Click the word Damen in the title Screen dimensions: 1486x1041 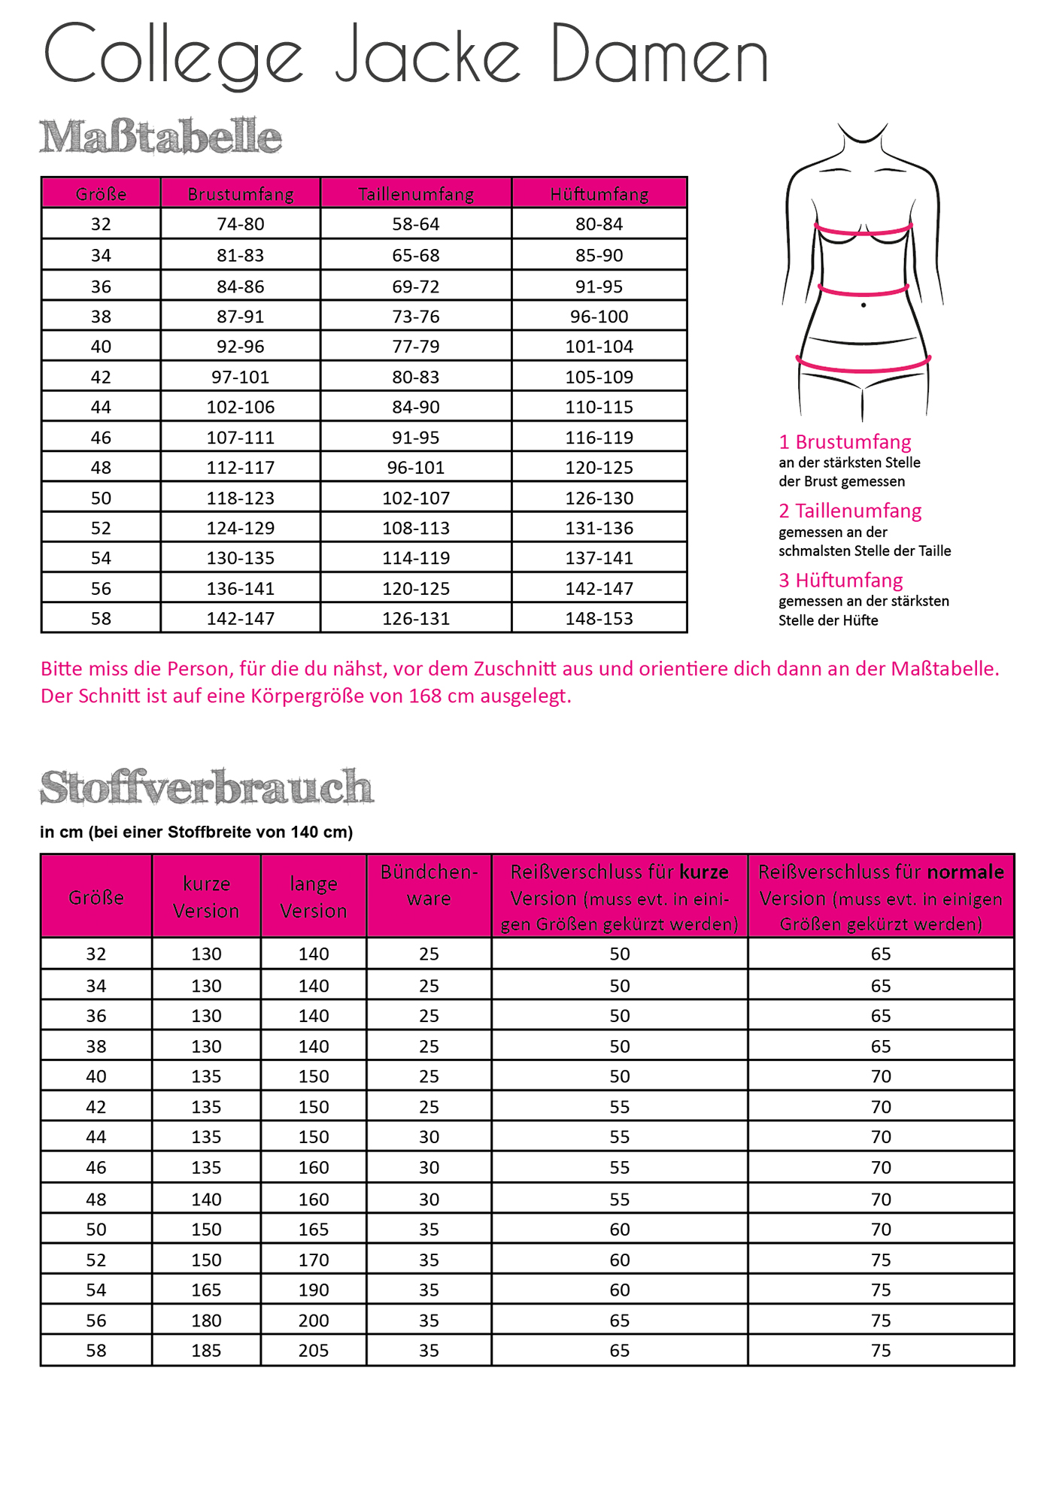tap(660, 54)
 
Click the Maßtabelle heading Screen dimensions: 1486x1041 tap(160, 137)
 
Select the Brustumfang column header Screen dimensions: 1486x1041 tap(241, 194)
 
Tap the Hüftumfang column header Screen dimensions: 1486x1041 tap(599, 194)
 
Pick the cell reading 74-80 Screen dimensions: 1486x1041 tap(241, 224)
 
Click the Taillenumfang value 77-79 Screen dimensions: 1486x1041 tap(416, 347)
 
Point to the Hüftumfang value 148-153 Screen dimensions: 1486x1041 tap(599, 619)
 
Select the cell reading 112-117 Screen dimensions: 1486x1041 tap(241, 468)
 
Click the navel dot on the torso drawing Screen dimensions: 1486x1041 tap(863, 305)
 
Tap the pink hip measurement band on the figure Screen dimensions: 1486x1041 tap(863, 368)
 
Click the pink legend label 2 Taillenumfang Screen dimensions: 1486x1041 tap(850, 511)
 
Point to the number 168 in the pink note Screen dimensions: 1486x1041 tap(425, 696)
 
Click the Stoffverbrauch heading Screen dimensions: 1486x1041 tap(207, 787)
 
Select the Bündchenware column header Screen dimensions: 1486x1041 tap(429, 885)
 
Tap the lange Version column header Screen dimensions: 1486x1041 tap(314, 897)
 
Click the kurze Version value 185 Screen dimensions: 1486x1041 tap(206, 1351)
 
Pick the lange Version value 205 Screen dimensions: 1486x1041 tap(314, 1351)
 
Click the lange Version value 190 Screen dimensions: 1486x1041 tap(314, 1290)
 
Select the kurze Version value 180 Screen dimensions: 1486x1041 tap(206, 1321)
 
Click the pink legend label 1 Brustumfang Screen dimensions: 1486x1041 tap(845, 441)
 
